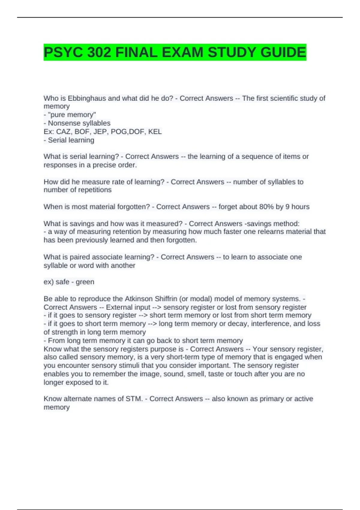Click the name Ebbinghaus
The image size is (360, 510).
[x=87, y=98]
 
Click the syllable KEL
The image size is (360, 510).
[x=155, y=131]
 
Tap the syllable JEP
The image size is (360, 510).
[x=100, y=131]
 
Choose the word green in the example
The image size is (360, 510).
[x=85, y=282]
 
